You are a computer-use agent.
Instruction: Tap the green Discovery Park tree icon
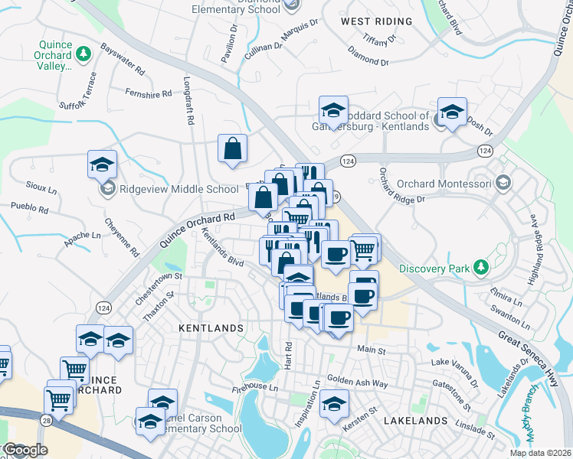(x=480, y=267)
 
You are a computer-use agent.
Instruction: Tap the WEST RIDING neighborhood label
(x=372, y=21)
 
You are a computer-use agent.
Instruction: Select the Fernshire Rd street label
(x=149, y=93)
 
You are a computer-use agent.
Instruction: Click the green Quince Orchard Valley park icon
(x=83, y=54)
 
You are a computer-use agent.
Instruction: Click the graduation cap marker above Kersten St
(x=334, y=402)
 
